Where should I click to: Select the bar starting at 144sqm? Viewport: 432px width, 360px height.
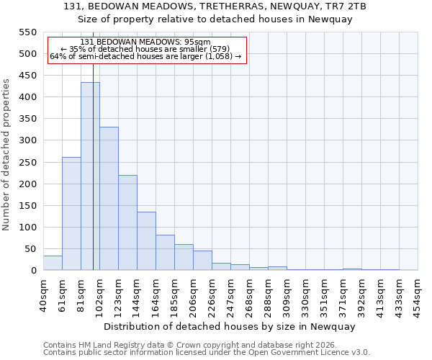click(x=146, y=241)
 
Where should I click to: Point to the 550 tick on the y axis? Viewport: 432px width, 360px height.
click(x=27, y=32)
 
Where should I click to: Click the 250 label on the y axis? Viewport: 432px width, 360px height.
click(x=27, y=163)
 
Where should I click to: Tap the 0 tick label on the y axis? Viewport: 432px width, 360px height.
click(x=33, y=271)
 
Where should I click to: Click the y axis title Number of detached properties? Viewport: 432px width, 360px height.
click(x=7, y=155)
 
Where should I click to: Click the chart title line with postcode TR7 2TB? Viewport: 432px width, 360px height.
click(x=231, y=6)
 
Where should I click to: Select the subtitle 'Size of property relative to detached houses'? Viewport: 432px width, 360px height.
click(x=231, y=19)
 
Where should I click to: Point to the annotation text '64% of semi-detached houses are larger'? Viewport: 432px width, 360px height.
click(x=146, y=56)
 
